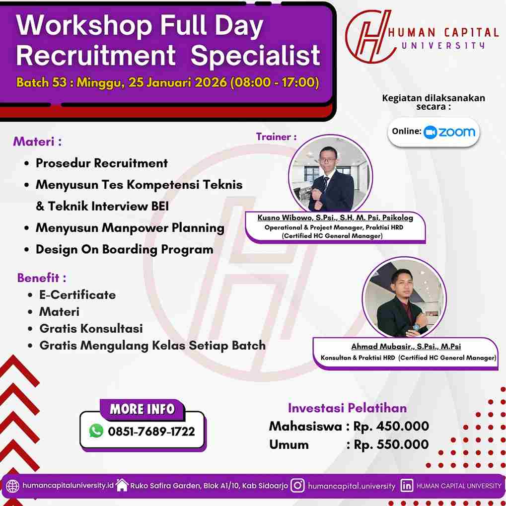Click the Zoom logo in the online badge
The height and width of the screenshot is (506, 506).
449,132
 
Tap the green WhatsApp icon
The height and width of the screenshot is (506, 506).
96,431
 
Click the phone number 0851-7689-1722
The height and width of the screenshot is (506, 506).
151,432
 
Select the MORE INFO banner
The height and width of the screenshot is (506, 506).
142,409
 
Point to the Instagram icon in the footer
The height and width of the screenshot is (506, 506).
297,486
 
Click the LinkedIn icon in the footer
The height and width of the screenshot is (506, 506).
407,486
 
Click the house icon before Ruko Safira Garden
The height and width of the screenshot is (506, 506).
122,485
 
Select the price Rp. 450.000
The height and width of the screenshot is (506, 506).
391,427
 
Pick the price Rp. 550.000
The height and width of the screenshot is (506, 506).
391,444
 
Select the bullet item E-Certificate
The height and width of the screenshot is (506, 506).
77,295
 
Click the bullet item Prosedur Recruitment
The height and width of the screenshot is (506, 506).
102,163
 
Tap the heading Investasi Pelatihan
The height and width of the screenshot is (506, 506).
347,408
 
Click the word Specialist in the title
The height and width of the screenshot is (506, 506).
255,56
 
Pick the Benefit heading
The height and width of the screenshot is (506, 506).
42,278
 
